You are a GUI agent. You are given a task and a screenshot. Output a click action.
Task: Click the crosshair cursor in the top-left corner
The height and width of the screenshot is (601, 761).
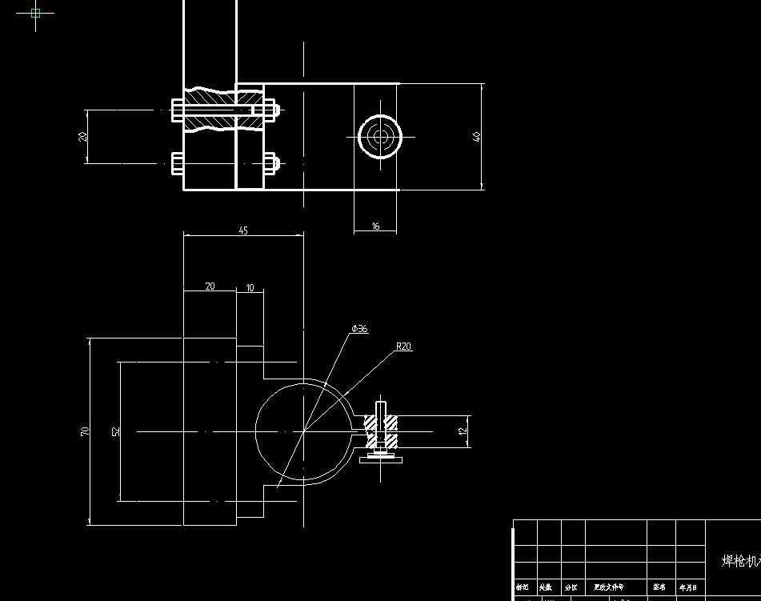click(x=35, y=13)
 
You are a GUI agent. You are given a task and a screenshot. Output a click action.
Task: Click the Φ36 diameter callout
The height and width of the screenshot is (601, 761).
click(x=359, y=329)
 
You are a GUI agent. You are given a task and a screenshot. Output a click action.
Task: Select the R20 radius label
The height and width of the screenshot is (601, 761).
click(x=403, y=347)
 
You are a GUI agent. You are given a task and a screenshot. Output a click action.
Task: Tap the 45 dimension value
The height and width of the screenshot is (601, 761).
click(x=243, y=230)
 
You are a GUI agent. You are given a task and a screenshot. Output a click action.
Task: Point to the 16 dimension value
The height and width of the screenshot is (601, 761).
click(x=375, y=226)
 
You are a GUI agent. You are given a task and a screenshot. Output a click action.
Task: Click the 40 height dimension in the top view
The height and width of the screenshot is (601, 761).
click(x=478, y=136)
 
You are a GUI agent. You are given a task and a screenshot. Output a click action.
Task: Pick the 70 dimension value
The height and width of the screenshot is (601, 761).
click(x=85, y=431)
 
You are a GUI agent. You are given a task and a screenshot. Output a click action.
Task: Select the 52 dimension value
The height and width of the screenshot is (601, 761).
click(x=116, y=431)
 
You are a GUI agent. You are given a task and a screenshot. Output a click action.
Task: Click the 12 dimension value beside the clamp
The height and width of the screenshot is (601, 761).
click(x=463, y=431)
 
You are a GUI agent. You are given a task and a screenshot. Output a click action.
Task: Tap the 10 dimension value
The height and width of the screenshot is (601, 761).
click(x=250, y=288)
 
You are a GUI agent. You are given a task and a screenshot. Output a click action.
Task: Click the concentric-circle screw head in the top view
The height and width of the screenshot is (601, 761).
click(x=379, y=137)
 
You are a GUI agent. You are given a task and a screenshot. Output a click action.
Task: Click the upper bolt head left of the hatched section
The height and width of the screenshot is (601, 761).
click(x=177, y=110)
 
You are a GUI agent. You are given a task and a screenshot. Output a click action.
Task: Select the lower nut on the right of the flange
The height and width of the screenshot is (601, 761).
click(x=270, y=164)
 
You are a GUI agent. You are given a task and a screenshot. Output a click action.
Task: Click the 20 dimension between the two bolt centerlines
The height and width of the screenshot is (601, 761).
click(x=82, y=136)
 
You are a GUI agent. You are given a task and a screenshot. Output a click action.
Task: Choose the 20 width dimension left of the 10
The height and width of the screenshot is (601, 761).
click(x=210, y=286)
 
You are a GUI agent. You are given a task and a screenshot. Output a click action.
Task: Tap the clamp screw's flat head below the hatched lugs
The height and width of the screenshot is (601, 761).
click(x=380, y=458)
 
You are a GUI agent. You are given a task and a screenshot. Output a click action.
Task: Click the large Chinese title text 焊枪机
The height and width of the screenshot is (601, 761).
click(x=740, y=561)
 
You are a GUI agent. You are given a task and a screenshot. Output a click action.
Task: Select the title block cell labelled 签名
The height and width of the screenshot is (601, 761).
click(x=659, y=587)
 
